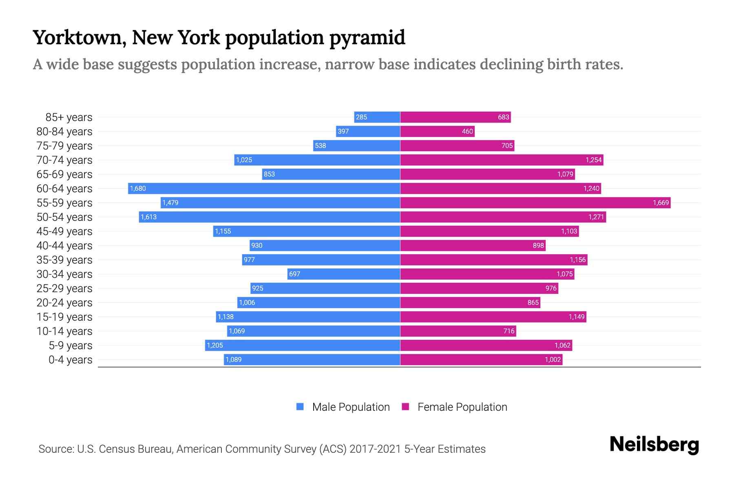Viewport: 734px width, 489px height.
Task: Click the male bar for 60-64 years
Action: (x=264, y=188)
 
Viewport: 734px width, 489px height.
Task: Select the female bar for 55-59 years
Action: (x=535, y=203)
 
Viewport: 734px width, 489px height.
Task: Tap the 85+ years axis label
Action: (x=69, y=117)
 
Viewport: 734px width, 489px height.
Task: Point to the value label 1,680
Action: (x=138, y=188)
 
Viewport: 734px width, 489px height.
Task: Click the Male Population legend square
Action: (x=300, y=407)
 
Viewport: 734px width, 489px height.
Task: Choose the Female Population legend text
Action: (x=462, y=407)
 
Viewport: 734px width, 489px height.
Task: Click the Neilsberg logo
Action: (x=654, y=445)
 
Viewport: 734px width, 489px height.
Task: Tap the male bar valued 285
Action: (x=377, y=117)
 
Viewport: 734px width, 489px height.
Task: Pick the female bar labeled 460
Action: (x=437, y=131)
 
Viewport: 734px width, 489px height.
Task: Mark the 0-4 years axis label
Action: (x=70, y=360)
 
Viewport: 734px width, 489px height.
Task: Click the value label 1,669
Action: (x=661, y=203)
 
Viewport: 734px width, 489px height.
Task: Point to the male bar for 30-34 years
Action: (x=344, y=274)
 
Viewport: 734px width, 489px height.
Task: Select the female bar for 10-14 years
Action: (x=458, y=331)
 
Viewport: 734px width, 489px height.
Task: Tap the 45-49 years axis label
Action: (x=64, y=231)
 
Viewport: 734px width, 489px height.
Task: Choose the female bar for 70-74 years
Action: (x=502, y=160)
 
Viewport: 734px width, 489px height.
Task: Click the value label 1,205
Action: (x=215, y=345)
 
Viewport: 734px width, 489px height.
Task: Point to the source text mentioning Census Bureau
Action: (x=262, y=449)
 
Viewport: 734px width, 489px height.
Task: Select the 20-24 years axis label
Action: (x=64, y=303)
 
